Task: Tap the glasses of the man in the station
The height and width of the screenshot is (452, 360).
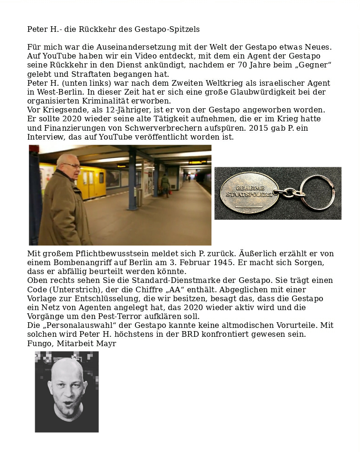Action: [74, 165]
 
